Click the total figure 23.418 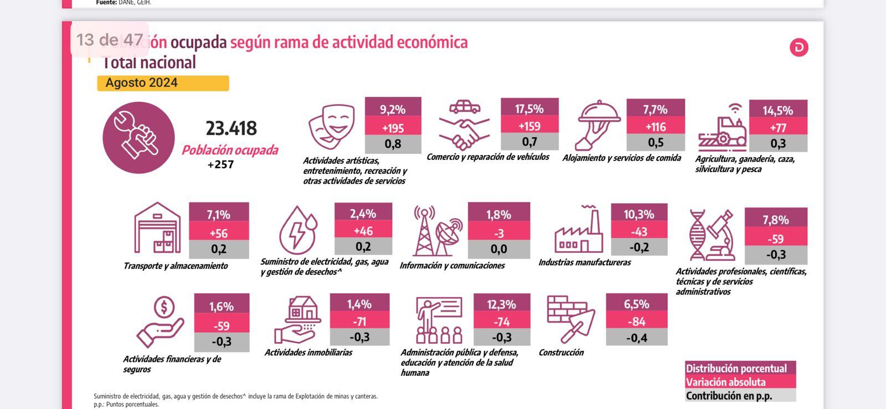(231, 128)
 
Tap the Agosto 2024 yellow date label (162, 83)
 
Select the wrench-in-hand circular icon (138, 137)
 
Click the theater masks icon (332, 127)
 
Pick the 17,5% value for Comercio (529, 108)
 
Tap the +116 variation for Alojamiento (655, 127)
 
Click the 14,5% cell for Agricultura (777, 110)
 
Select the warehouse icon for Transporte (158, 228)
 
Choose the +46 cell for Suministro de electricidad (363, 231)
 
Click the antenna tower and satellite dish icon (438, 231)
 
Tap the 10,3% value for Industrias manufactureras (638, 214)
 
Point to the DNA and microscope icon (712, 235)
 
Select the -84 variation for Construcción (636, 321)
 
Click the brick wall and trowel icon (570, 318)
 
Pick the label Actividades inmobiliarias (308, 353)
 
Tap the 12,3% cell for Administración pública (501, 304)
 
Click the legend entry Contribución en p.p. (729, 396)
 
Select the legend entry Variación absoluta (725, 382)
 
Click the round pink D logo (799, 48)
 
